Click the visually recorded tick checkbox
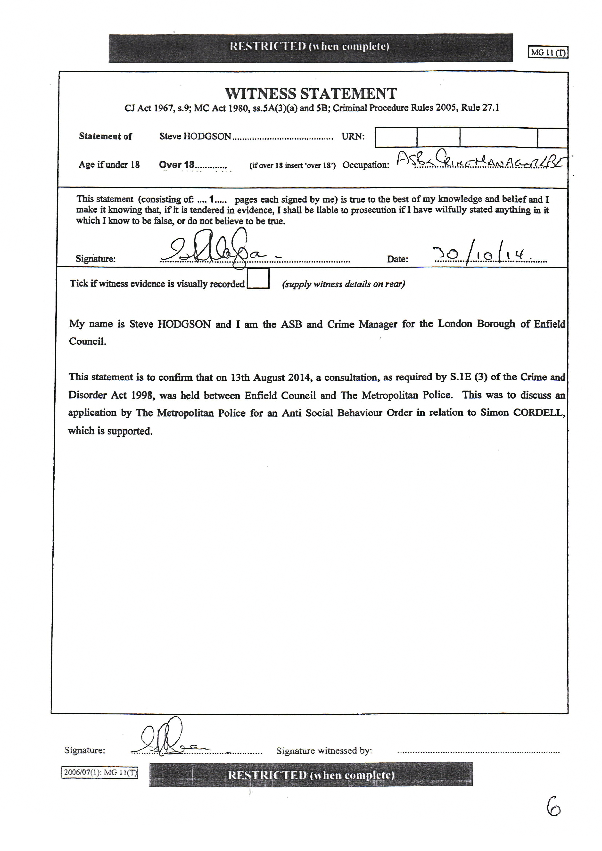(258, 278)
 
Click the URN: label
(353, 136)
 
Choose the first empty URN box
(396, 138)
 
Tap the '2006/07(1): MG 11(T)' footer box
(99, 772)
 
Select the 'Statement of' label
(105, 136)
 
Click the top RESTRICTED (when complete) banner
(310, 47)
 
